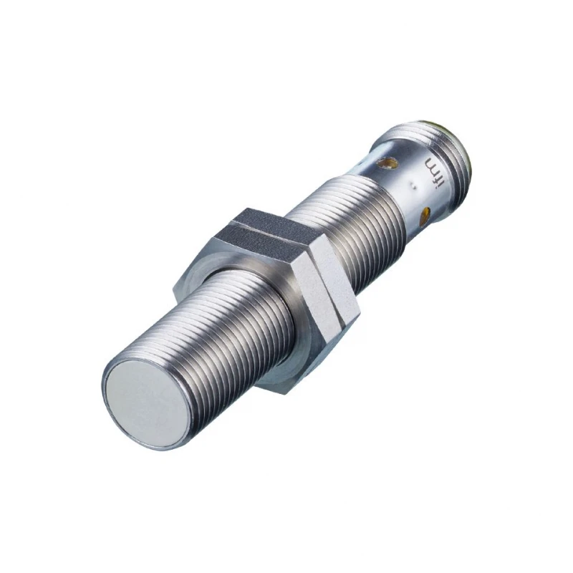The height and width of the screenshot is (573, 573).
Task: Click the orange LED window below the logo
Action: coord(428,212)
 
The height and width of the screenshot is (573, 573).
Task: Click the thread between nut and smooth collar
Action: coord(337,221)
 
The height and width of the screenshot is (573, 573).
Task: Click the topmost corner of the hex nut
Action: coord(248,208)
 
